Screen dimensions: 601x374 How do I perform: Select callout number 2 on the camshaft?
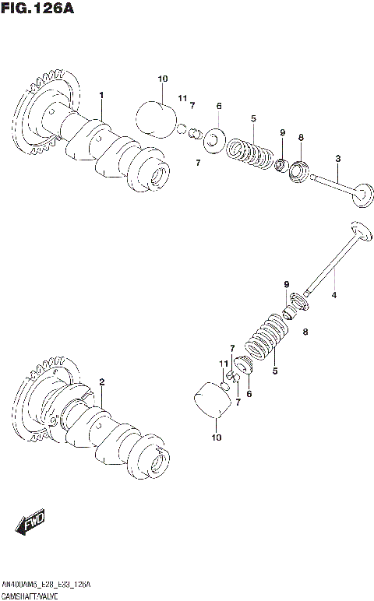[101, 381]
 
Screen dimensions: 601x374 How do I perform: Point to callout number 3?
[337, 159]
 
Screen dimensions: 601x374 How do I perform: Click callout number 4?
[334, 295]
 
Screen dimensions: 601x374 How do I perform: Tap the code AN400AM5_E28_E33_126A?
[46, 584]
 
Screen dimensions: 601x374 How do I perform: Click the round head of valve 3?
[361, 195]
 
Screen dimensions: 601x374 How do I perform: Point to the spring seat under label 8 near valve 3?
[300, 170]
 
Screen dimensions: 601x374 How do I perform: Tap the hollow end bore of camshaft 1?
[159, 176]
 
